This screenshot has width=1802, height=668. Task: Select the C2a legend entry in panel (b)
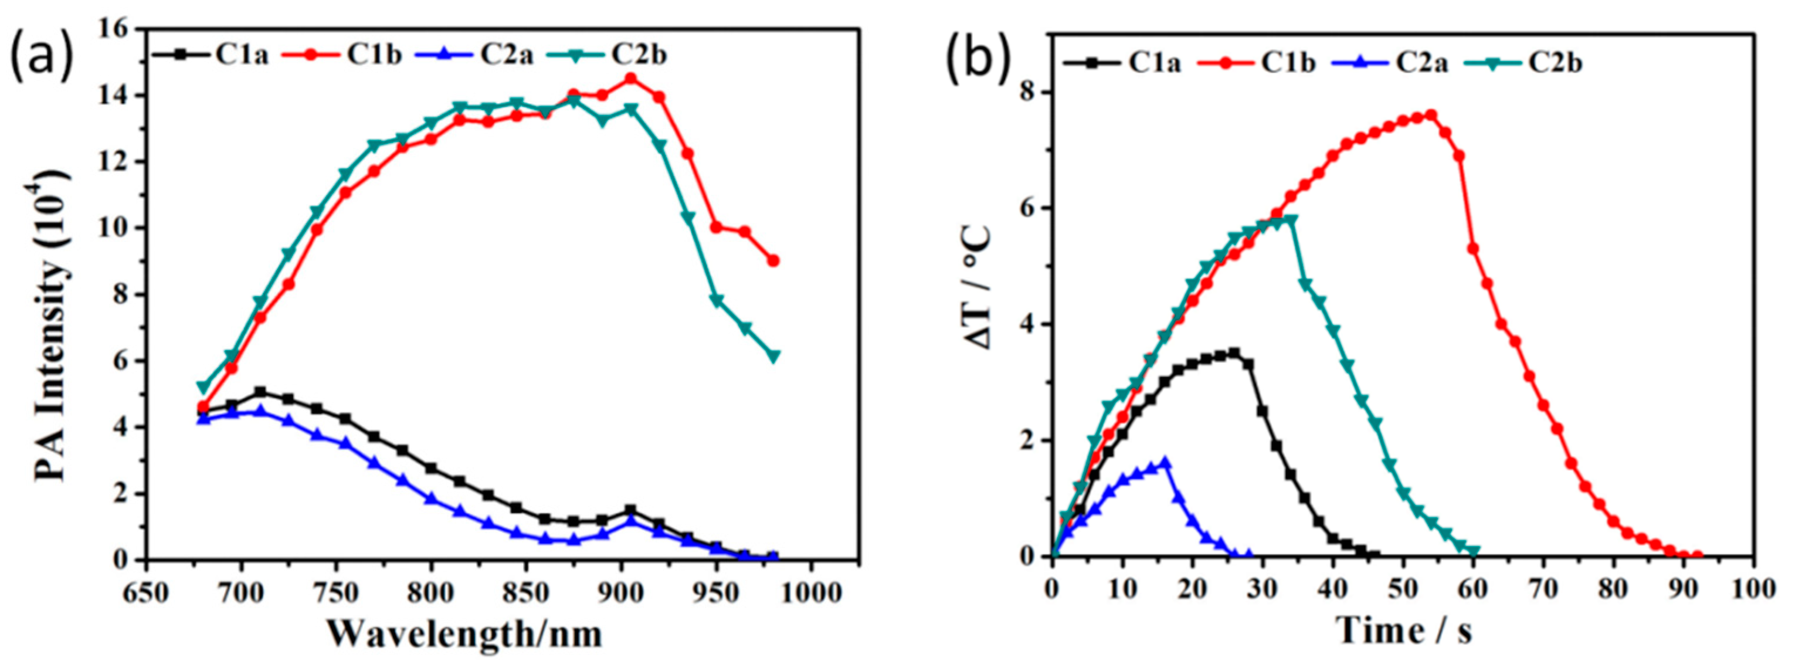[1386, 63]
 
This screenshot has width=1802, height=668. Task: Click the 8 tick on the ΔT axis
[1027, 92]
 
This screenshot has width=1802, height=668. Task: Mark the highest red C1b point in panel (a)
[630, 79]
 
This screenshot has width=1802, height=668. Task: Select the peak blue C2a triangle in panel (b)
[1165, 462]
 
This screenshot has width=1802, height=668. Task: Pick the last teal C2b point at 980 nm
[773, 356]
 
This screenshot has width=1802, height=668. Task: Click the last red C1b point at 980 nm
[773, 260]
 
